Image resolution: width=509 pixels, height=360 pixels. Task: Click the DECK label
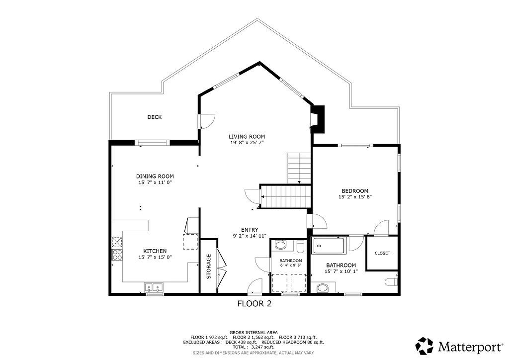tap(155, 117)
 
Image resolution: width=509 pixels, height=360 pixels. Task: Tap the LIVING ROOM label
tap(247, 137)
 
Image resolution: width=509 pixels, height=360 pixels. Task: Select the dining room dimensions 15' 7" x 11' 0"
tap(155, 182)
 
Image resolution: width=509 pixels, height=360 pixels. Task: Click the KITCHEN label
tap(155, 251)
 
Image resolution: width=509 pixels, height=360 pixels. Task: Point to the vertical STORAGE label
tap(209, 267)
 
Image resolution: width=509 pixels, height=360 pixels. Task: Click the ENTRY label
tap(250, 230)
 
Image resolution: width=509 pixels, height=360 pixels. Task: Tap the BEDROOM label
tap(355, 191)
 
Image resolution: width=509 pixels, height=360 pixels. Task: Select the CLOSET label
tap(382, 253)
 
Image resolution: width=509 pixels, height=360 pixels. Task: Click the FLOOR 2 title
tap(254, 304)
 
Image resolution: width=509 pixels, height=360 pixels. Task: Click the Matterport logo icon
tap(425, 346)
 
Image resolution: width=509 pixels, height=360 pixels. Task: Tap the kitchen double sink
tap(154, 287)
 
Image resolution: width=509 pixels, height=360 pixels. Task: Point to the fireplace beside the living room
tap(318, 119)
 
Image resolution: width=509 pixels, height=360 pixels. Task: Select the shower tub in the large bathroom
tap(329, 246)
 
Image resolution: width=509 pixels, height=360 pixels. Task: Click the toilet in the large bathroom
tap(391, 281)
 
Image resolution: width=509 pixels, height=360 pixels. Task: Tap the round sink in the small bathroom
tap(280, 245)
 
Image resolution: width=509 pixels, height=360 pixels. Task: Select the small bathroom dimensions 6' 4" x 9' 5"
tap(291, 265)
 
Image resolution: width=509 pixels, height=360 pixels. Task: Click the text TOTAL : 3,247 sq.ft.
tap(254, 347)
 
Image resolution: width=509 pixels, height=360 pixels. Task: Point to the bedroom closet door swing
tap(381, 227)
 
